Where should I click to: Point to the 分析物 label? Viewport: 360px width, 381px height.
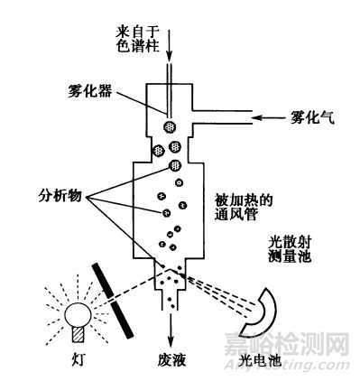point(61,195)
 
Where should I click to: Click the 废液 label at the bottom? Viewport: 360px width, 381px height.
point(168,361)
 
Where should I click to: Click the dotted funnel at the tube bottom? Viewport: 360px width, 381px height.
point(170,284)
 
